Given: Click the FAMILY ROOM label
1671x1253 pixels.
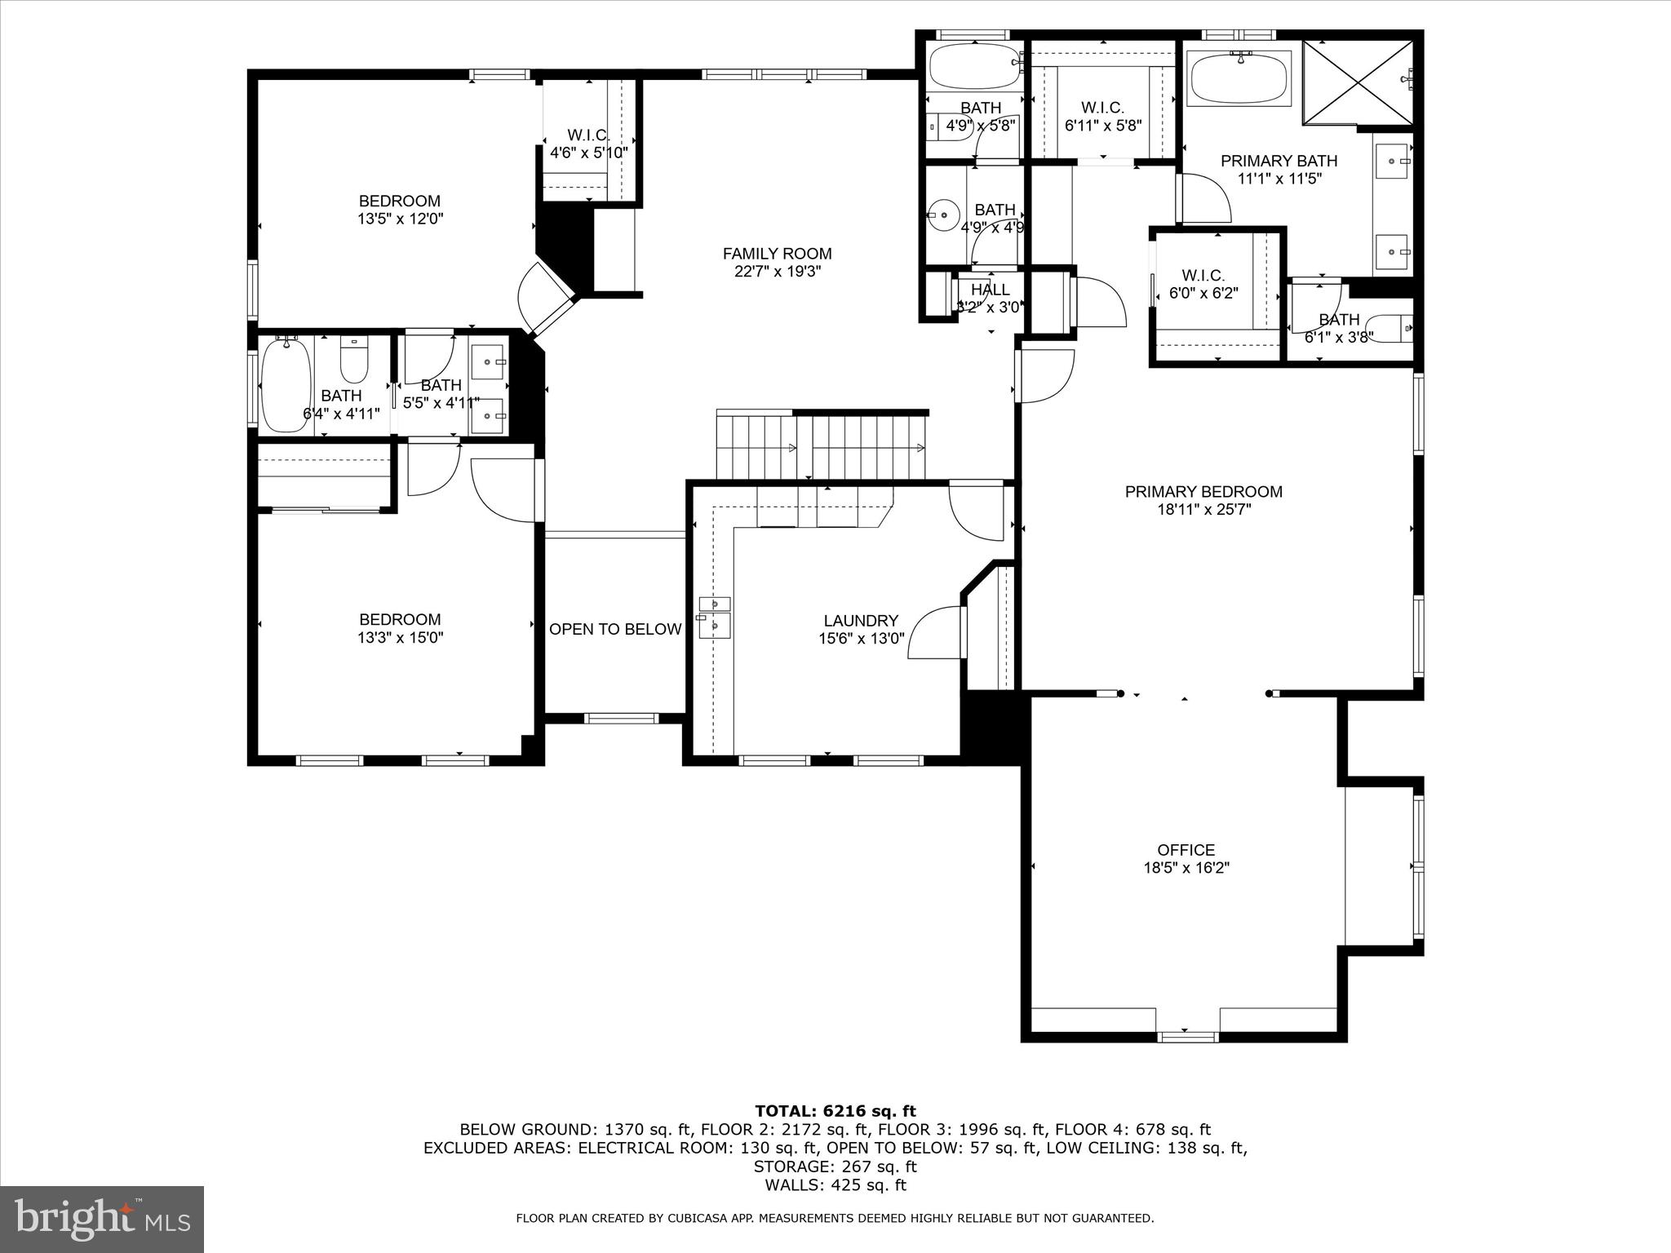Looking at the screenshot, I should [x=777, y=254].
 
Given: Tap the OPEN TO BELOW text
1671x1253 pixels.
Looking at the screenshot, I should [x=614, y=629].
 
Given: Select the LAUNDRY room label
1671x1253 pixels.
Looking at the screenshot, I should [x=861, y=620].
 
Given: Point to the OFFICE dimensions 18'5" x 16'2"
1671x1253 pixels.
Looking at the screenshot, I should [x=1186, y=868].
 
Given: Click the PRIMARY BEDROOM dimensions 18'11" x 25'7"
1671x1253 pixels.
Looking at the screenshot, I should [x=1203, y=509].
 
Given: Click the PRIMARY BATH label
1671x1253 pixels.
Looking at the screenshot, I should [x=1279, y=161].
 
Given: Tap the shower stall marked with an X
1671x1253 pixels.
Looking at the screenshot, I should [x=1358, y=81].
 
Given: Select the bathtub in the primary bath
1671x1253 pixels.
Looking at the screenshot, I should [x=1239, y=79].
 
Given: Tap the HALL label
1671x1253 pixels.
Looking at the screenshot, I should [x=990, y=290].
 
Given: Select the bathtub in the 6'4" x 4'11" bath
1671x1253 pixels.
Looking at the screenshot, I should [x=286, y=385].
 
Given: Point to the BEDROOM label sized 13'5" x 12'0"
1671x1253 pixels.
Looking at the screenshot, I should [x=400, y=201].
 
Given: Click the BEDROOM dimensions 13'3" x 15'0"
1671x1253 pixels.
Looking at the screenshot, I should [x=400, y=637].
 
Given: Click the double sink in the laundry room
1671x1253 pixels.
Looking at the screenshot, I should [x=714, y=616].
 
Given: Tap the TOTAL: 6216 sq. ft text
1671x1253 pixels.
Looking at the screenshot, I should [x=835, y=1111].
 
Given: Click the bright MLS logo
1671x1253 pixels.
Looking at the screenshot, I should [x=102, y=1219].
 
